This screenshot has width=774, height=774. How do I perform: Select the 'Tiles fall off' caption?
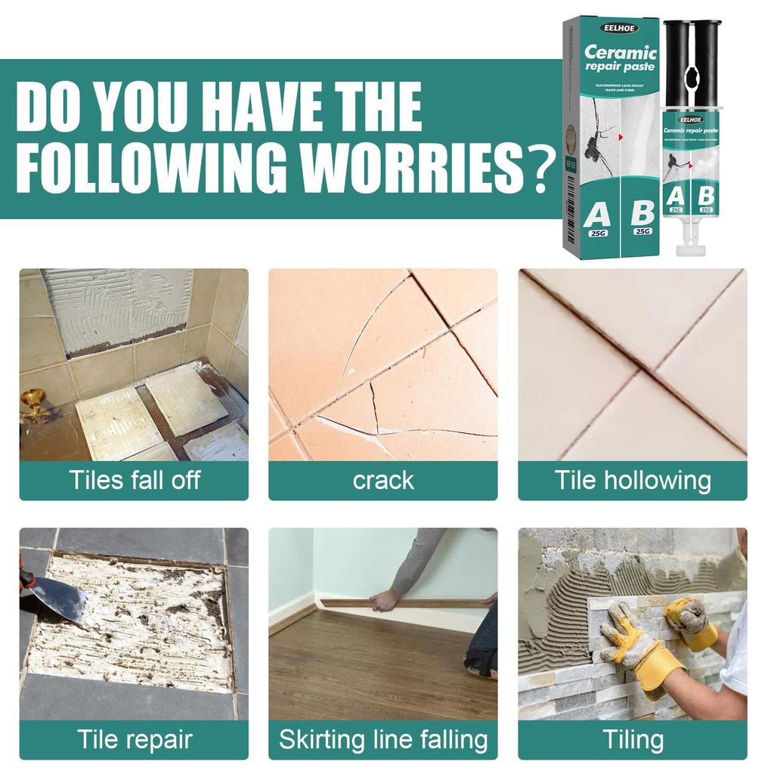134,481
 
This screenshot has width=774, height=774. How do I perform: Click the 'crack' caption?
383,481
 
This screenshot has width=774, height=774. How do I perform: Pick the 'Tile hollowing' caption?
633,481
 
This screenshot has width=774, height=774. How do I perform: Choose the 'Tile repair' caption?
134,739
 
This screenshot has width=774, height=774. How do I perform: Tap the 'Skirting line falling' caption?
383,739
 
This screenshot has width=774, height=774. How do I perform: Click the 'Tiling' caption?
633,739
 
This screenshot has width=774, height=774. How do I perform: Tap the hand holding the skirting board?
385,601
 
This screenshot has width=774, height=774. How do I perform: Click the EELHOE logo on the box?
620,28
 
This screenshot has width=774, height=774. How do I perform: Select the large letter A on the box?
597,215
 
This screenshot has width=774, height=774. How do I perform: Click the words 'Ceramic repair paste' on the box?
620,59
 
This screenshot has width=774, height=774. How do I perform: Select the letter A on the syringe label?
676,196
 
